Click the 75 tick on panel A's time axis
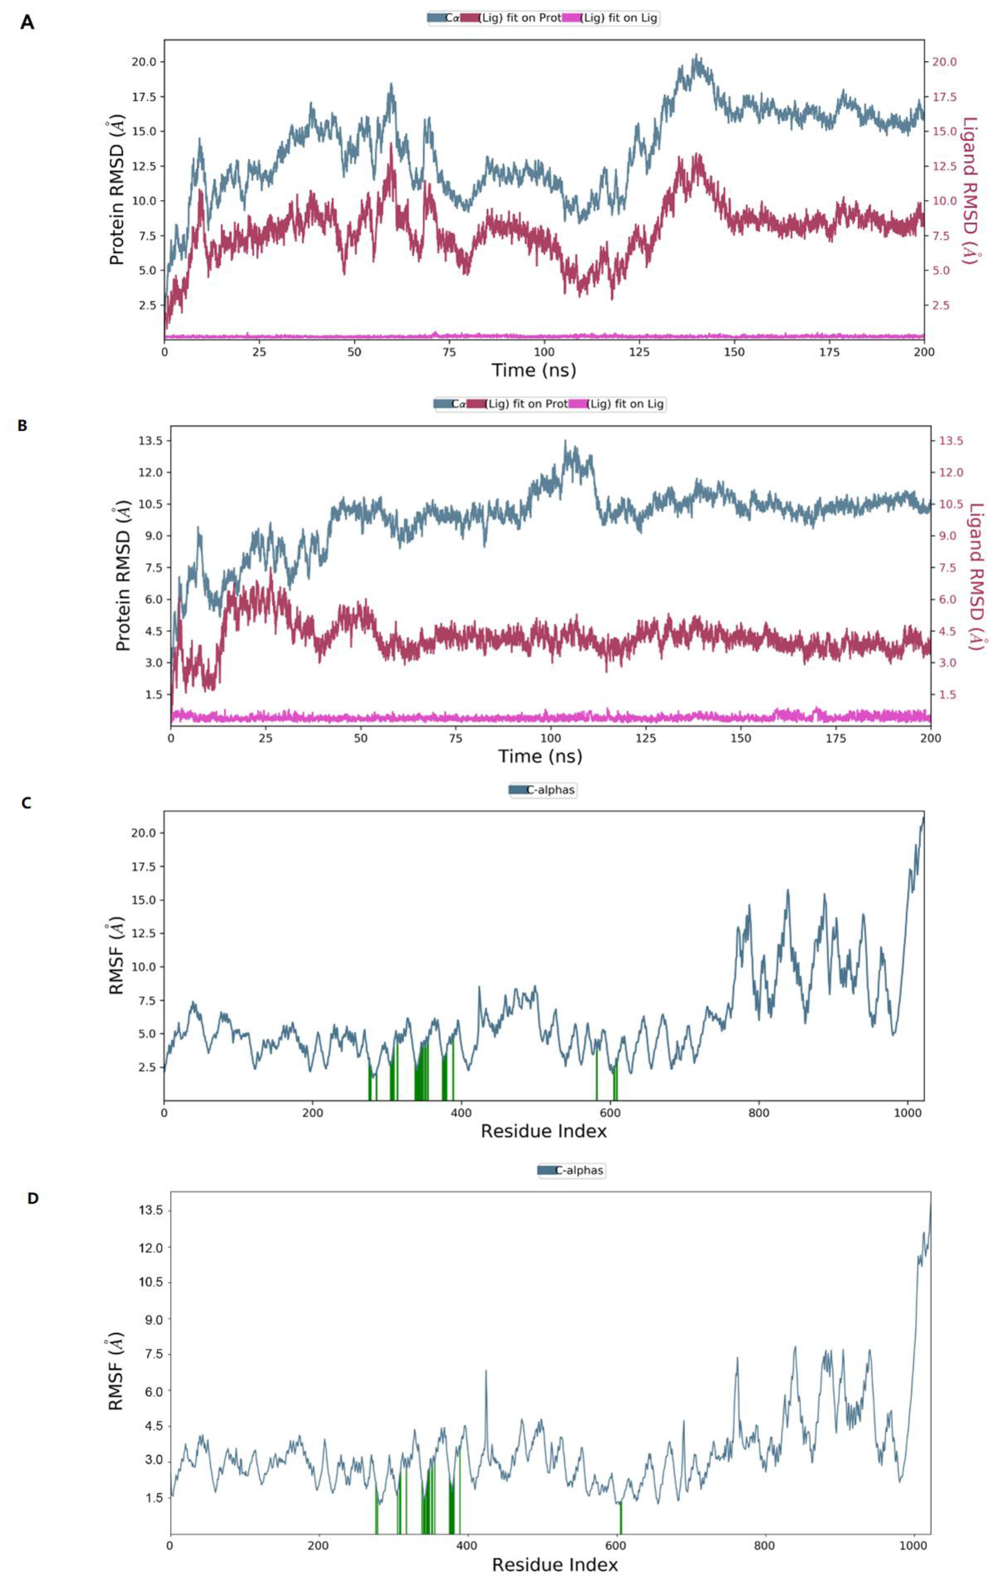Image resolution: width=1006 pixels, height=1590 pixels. point(449,352)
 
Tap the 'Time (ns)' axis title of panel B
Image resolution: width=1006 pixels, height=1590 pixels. point(540,756)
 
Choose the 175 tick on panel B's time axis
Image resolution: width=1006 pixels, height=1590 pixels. point(836,738)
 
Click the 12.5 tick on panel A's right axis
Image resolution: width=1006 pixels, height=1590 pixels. point(944,166)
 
